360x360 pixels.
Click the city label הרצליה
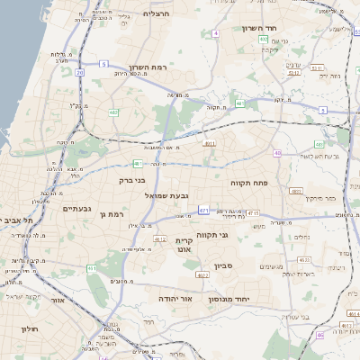click(156, 13)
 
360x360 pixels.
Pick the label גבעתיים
click(76, 209)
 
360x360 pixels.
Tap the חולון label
click(29, 329)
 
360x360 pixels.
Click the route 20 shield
click(80, 72)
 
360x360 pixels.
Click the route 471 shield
click(204, 211)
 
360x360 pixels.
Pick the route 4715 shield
click(253, 213)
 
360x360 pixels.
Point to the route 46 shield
click(320, 336)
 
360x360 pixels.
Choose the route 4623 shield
click(202, 274)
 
